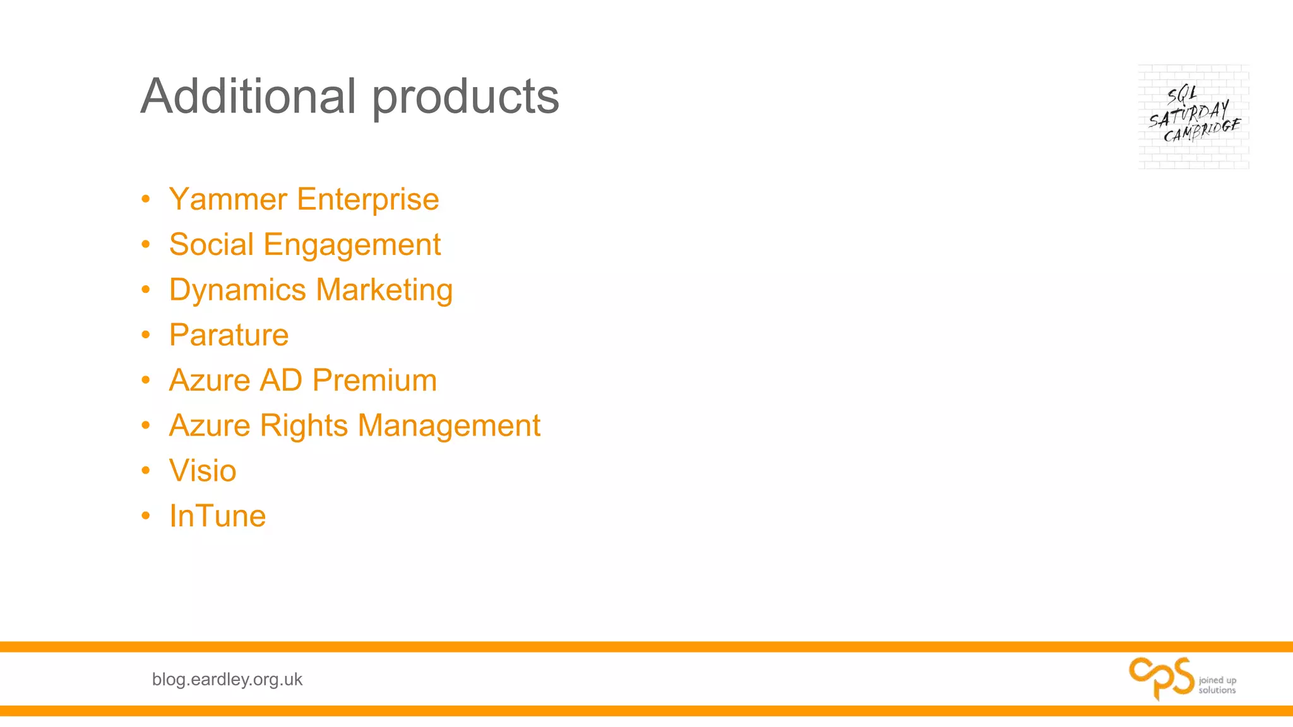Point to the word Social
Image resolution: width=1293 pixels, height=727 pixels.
[211, 244]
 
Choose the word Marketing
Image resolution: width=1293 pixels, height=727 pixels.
[384, 291]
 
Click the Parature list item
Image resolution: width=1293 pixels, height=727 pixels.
[229, 335]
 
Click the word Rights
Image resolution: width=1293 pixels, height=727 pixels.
[304, 426]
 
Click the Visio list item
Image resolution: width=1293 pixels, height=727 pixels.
[202, 471]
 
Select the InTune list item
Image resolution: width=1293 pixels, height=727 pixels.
[217, 516]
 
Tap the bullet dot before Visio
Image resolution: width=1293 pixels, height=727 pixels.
[146, 471]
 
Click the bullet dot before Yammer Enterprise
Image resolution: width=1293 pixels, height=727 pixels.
[146, 199]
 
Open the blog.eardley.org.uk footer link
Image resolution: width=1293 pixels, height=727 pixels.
[227, 679]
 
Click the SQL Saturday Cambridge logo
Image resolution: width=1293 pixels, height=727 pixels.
[1193, 117]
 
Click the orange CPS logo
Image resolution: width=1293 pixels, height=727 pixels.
[1162, 678]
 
